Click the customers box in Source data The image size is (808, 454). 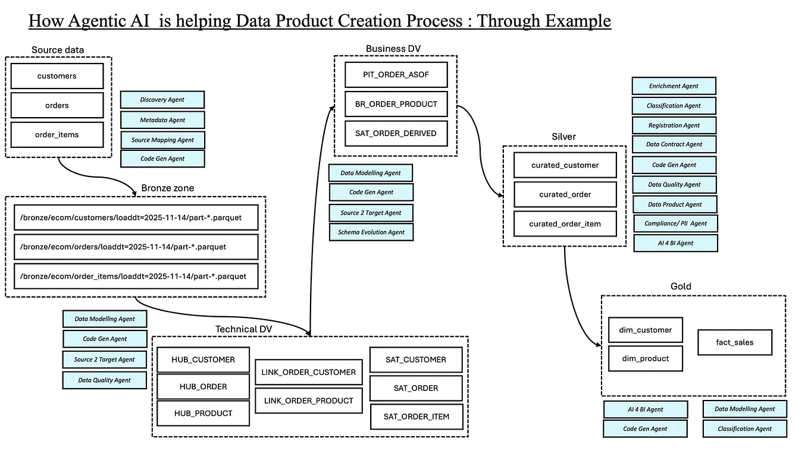(57, 76)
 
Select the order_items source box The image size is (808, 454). (57, 135)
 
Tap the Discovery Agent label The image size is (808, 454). (162, 100)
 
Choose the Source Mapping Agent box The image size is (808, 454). (162, 140)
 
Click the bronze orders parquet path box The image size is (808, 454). (136, 247)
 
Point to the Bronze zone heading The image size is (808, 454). (168, 188)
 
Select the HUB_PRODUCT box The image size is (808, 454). (203, 414)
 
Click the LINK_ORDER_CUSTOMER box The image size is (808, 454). (308, 373)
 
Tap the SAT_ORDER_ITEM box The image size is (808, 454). (416, 417)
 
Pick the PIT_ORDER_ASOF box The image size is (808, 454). (396, 75)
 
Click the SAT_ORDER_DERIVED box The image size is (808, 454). (396, 133)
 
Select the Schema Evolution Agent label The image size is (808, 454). (371, 232)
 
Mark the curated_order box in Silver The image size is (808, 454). (565, 194)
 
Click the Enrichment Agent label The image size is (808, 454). (674, 86)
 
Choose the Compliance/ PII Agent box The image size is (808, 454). (675, 223)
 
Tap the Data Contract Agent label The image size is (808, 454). (674, 144)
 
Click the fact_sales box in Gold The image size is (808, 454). (734, 342)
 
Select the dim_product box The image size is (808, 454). (645, 359)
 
